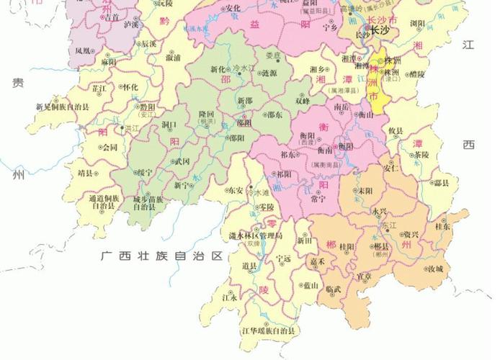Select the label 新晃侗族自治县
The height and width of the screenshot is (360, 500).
click(x=63, y=107)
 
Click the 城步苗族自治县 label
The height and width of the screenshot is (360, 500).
click(x=148, y=202)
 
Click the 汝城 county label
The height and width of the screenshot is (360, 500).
click(x=434, y=269)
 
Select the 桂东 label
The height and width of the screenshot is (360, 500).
click(x=442, y=225)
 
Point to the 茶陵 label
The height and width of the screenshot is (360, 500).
click(x=421, y=155)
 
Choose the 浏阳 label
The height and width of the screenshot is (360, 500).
click(x=417, y=24)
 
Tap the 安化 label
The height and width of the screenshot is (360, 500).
click(x=233, y=8)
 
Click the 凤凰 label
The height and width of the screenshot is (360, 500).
click(x=83, y=51)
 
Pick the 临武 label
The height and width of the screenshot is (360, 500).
click(x=333, y=289)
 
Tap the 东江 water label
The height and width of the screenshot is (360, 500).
click(x=390, y=225)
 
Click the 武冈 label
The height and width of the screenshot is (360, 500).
click(x=182, y=161)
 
